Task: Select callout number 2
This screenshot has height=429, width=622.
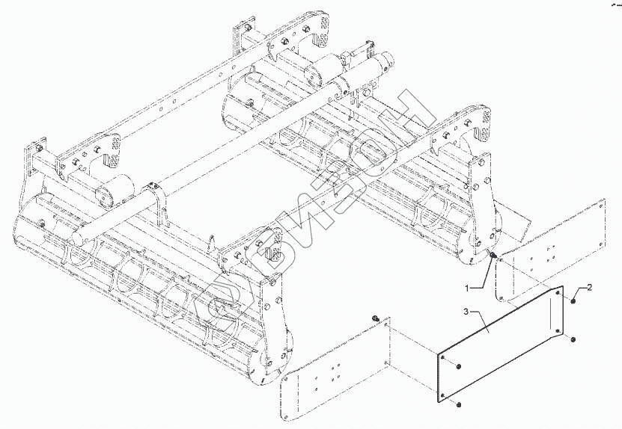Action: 589,287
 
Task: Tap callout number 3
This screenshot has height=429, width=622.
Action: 466,310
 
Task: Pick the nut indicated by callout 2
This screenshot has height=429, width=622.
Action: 572,300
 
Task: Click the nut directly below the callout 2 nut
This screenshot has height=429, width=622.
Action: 572,341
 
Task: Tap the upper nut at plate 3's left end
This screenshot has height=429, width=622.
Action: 457,367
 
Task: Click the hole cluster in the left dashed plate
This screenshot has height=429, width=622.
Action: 329,377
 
